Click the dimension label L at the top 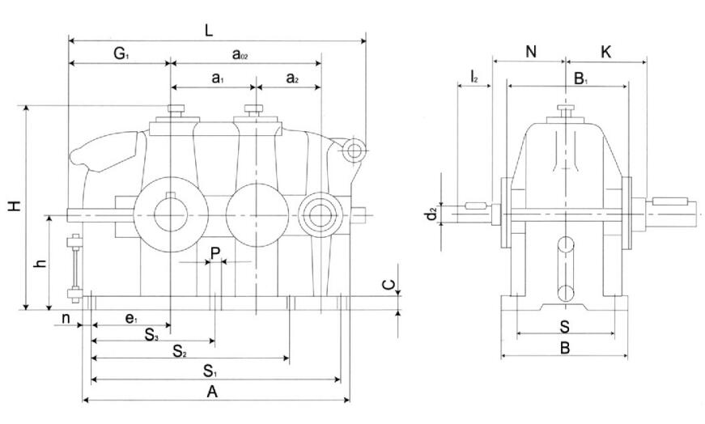click(208, 31)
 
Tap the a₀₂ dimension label click(240, 55)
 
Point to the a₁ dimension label click(216, 78)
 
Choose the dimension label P click(214, 253)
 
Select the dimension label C click(389, 285)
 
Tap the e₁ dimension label click(131, 320)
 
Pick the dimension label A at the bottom click(212, 392)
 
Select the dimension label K click(606, 52)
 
